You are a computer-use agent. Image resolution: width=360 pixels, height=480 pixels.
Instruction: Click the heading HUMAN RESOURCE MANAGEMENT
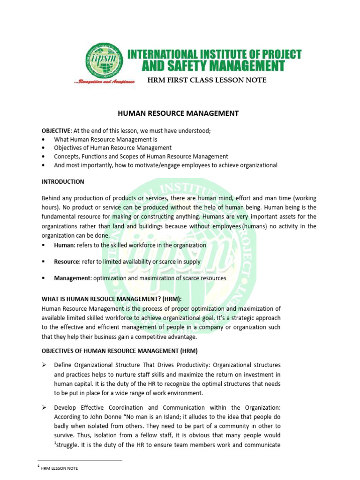point(178,113)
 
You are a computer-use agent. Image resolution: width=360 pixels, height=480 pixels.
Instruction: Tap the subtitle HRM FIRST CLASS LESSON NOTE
point(207,80)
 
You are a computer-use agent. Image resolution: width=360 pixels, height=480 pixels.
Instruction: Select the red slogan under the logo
point(105,81)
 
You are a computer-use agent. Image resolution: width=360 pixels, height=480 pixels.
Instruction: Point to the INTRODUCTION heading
point(63,181)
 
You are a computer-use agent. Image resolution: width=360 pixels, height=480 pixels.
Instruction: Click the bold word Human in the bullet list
point(64,245)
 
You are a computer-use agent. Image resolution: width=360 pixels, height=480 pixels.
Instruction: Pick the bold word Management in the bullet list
point(72,278)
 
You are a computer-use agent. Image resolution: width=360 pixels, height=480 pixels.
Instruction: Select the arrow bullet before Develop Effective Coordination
point(44,408)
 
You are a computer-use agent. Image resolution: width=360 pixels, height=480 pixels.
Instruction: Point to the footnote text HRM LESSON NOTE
point(60,468)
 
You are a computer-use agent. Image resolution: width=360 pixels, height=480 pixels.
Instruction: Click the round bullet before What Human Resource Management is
point(44,140)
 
